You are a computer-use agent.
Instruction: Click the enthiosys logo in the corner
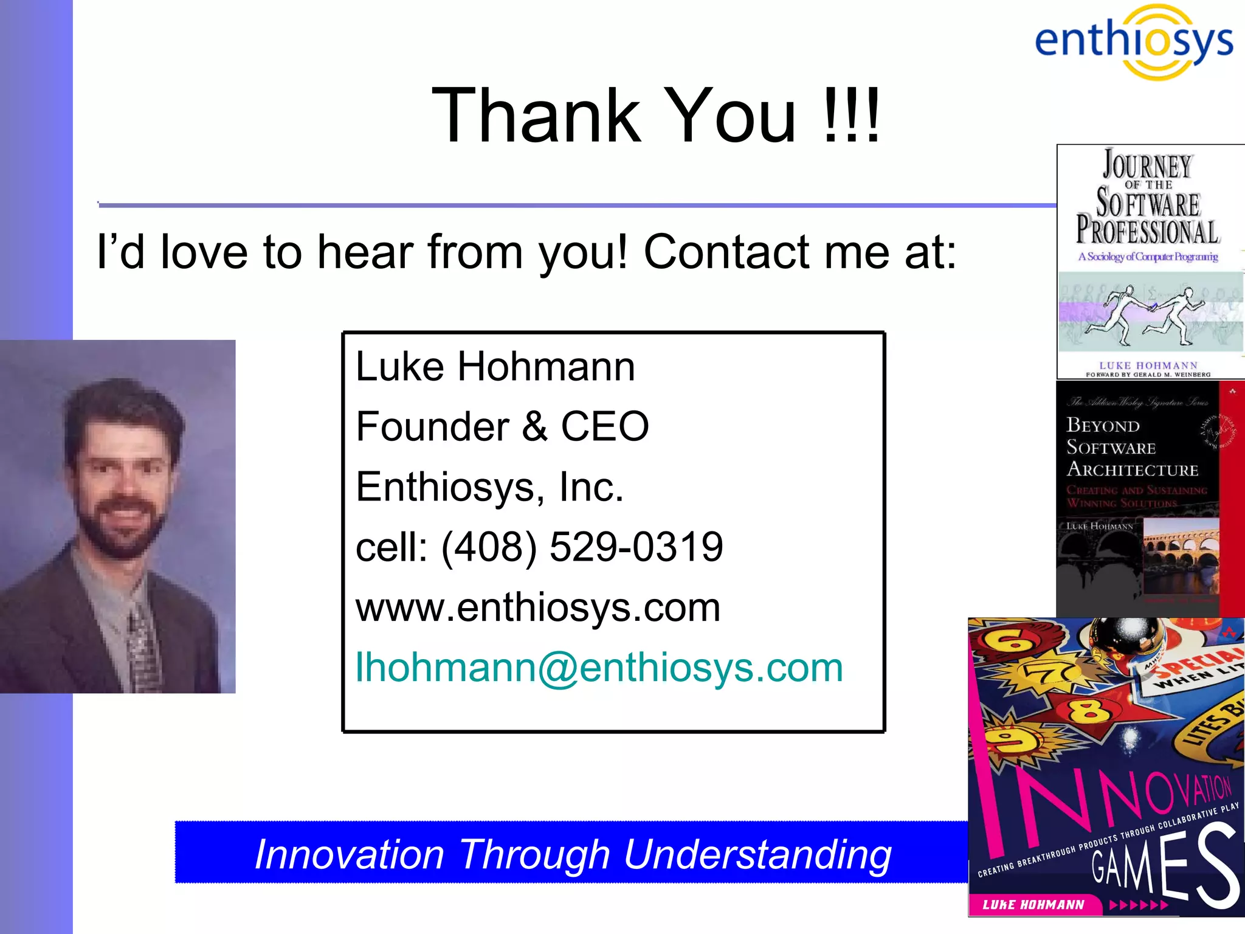point(1134,41)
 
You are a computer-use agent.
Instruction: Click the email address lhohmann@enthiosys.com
point(599,668)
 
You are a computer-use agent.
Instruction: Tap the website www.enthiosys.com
point(538,607)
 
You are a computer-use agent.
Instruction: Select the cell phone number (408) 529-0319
point(582,547)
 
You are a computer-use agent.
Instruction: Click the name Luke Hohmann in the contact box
point(495,367)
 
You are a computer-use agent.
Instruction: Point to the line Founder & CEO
point(502,426)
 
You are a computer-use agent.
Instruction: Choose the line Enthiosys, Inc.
point(489,487)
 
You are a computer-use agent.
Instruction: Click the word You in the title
point(729,116)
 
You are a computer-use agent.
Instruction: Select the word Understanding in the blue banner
point(757,854)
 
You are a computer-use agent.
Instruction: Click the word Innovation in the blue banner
point(350,854)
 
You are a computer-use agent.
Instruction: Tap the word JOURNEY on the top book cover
point(1147,165)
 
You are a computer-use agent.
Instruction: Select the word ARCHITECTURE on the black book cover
point(1132,470)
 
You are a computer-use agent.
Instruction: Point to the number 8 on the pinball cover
point(1088,709)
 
